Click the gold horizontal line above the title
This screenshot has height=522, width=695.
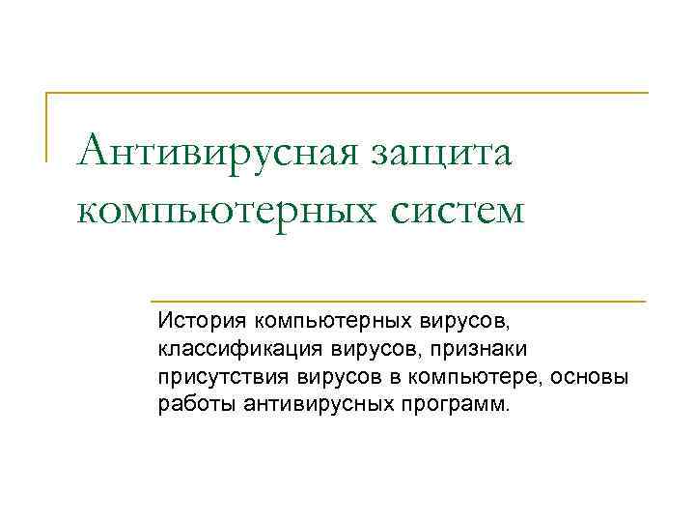(x=347, y=93)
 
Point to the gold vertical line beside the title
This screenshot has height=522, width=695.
(x=47, y=126)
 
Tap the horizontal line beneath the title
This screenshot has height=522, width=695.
(x=397, y=301)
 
